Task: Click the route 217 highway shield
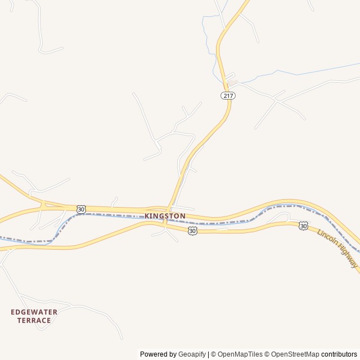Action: coord(227,96)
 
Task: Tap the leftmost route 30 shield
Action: coord(82,209)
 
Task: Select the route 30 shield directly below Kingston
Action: coord(193,231)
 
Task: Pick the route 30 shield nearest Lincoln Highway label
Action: coord(303,226)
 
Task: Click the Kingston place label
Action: coord(165,216)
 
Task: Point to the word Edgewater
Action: coord(34,312)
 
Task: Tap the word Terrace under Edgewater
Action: coord(34,321)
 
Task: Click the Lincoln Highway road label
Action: coord(337,248)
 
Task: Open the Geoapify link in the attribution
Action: coord(192,354)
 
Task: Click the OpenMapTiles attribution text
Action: coord(240,354)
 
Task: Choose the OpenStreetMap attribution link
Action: coord(296,354)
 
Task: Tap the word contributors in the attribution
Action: coord(339,354)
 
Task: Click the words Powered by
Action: coord(158,354)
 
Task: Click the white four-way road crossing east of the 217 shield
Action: coord(275,100)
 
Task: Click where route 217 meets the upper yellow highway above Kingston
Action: coord(168,209)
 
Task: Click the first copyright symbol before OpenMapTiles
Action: coord(213,354)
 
